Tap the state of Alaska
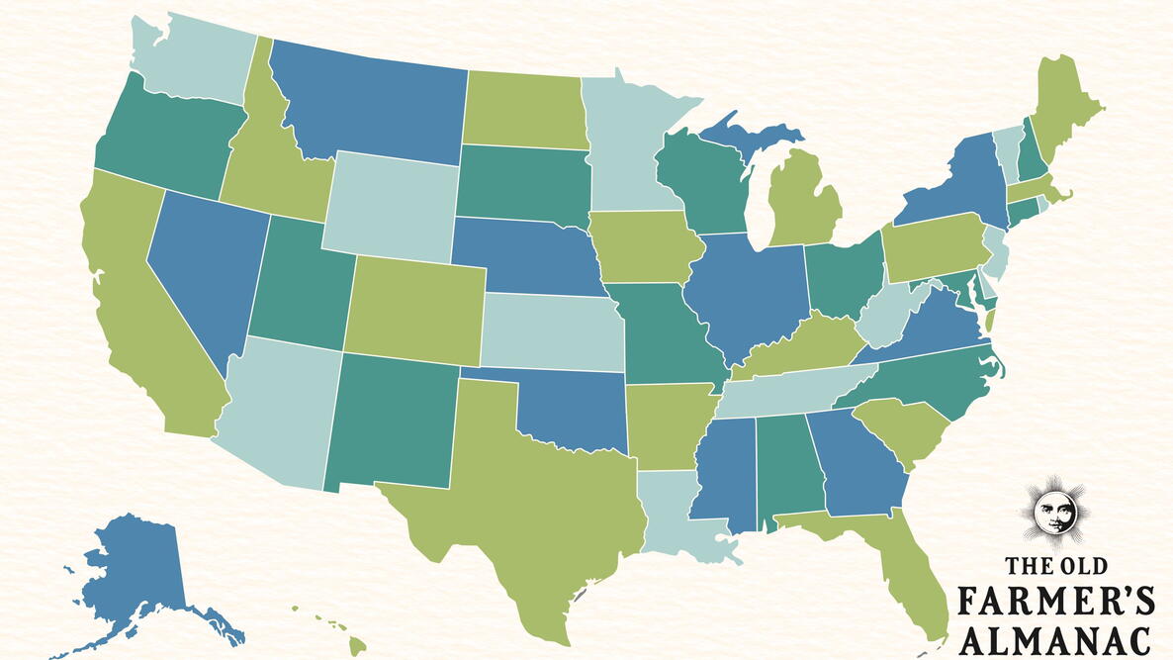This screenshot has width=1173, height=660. tap(134, 574)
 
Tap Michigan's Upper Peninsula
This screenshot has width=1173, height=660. tap(742, 134)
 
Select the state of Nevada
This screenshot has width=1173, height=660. tap(203, 267)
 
